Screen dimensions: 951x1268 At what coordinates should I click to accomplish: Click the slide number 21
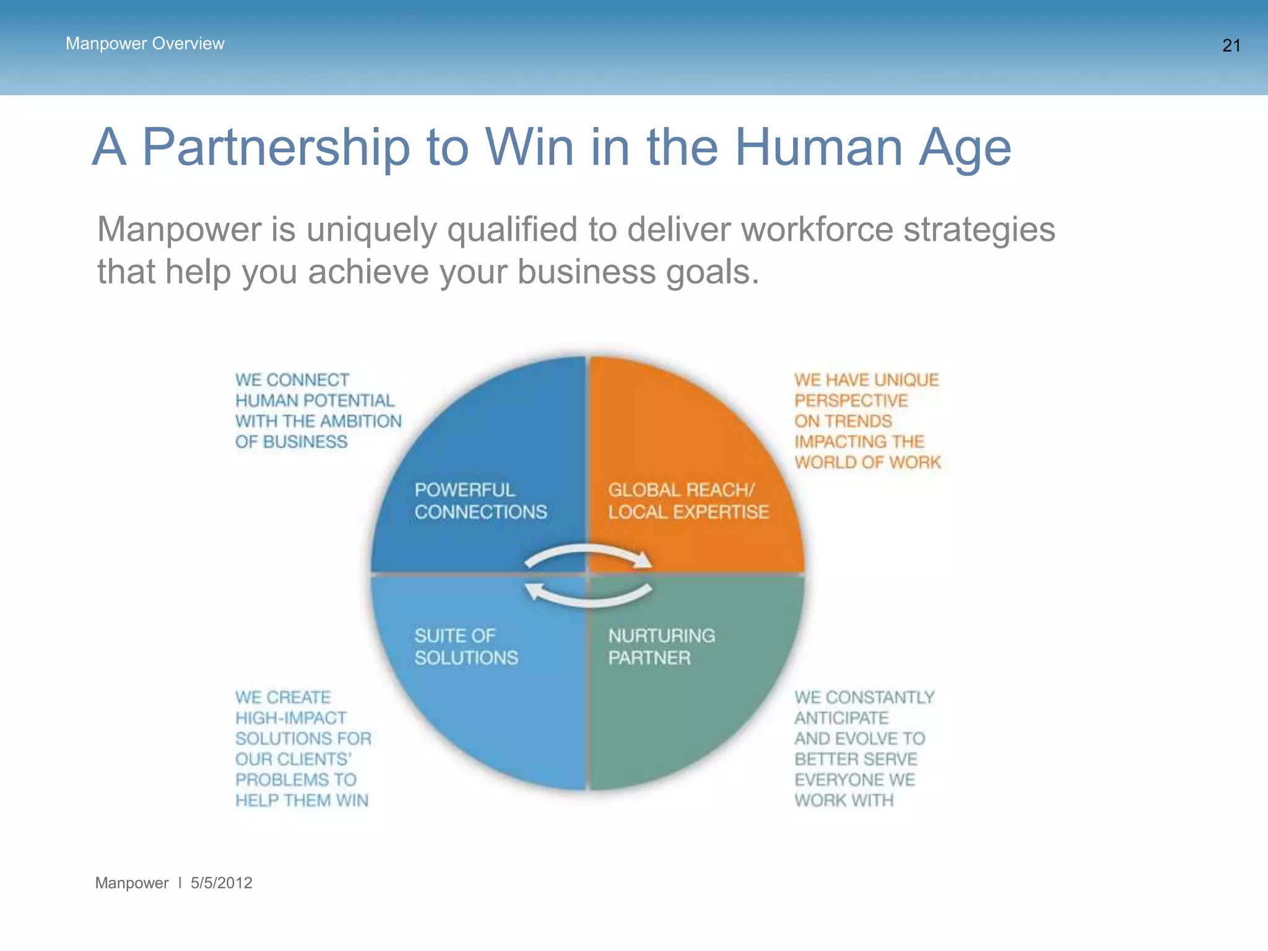coord(1231,46)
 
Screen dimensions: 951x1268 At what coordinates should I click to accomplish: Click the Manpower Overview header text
coord(145,44)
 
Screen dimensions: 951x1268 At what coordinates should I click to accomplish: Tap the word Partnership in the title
coord(276,148)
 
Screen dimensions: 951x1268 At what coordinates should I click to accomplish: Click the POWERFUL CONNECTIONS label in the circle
coord(480,501)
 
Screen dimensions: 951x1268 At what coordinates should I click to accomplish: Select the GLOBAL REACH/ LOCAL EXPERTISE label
coord(688,501)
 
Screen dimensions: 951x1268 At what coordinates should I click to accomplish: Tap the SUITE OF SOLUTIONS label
coord(466,646)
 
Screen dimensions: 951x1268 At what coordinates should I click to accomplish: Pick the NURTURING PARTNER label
coord(661,646)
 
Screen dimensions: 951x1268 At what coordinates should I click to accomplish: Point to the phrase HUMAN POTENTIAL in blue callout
coord(315,401)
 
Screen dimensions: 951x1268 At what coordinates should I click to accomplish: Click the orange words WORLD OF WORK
coord(867,462)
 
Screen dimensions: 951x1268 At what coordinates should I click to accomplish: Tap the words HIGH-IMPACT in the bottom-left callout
coord(291,718)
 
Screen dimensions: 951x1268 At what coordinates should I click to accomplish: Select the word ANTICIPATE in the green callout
coord(841,718)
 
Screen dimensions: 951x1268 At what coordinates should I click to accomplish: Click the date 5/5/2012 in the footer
coord(221,883)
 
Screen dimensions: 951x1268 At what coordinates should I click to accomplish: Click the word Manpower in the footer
coord(131,883)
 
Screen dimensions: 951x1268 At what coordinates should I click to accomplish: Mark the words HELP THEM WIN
coord(302,801)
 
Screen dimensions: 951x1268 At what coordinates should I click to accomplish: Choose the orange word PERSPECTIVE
coord(851,401)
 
